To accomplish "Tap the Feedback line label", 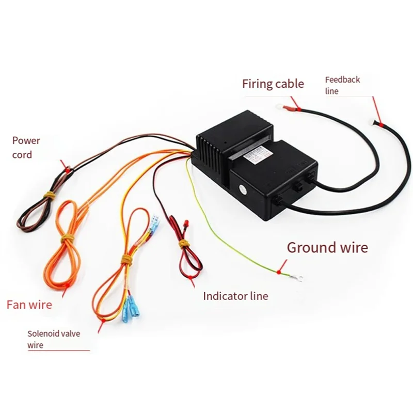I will [342, 85].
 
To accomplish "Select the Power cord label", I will [26, 147].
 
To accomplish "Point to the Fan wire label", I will [29, 305].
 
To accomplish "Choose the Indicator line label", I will [235, 296].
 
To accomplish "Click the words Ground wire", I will [327, 247].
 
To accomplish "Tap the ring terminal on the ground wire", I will [297, 279].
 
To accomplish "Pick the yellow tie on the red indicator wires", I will [182, 242].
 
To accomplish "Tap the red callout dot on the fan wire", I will [66, 285].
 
